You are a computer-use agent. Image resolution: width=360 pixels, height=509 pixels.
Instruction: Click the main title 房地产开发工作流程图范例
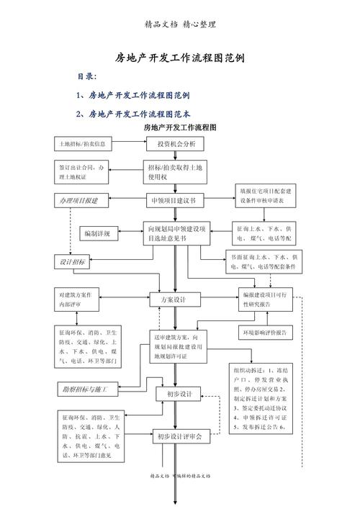coord(179,57)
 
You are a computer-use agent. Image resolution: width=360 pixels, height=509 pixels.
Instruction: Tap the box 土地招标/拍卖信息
coord(83,144)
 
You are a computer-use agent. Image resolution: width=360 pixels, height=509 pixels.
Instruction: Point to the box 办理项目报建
coord(79,199)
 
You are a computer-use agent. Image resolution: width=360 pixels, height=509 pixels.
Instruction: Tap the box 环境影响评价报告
coord(266,333)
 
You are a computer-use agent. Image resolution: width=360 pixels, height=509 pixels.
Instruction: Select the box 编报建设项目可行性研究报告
coord(266,299)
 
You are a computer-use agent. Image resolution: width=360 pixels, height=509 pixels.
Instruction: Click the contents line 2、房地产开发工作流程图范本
coord(133,114)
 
